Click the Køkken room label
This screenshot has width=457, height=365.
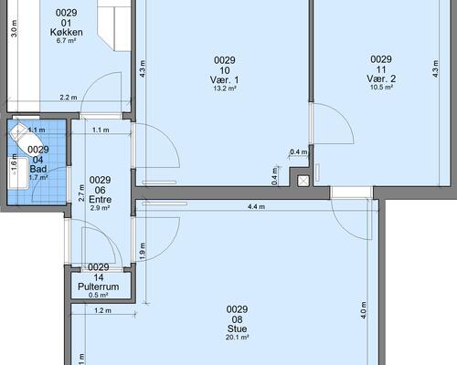click(x=67, y=32)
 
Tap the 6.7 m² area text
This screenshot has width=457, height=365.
click(x=66, y=41)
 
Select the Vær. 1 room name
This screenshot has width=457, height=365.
click(x=225, y=80)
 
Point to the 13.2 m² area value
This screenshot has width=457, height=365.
click(x=225, y=89)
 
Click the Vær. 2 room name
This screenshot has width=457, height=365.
click(x=381, y=79)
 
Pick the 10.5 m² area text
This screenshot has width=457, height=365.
click(x=381, y=88)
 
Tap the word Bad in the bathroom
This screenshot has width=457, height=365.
click(x=38, y=169)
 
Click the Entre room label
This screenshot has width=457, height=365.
click(x=100, y=200)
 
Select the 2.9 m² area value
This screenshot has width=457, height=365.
click(x=100, y=208)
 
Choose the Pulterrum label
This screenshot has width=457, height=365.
click(x=99, y=287)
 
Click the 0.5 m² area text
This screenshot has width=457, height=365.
click(x=99, y=295)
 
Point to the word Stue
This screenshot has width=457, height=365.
click(x=237, y=328)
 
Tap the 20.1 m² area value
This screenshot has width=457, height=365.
click(x=237, y=338)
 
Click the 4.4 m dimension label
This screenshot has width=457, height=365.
click(x=256, y=207)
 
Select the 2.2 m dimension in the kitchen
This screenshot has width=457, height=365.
click(x=69, y=98)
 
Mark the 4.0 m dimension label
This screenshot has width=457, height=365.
click(x=363, y=310)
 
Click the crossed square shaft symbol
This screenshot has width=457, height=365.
click(x=303, y=181)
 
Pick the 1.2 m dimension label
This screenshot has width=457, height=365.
click(x=102, y=310)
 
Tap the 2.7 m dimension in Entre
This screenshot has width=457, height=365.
click(x=81, y=193)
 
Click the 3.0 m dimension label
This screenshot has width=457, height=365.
click(x=14, y=29)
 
